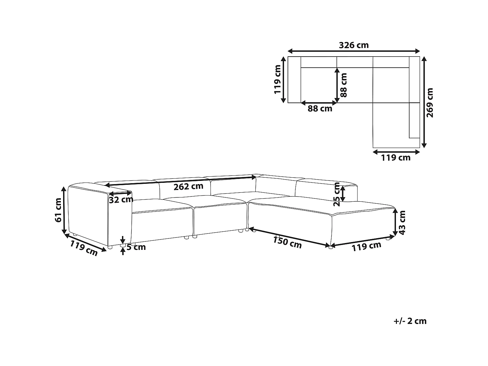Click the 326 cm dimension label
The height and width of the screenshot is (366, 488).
(354, 45)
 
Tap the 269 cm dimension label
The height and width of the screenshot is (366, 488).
(430, 102)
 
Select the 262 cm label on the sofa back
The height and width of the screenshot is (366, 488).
(188, 186)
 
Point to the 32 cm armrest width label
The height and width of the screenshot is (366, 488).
(121, 199)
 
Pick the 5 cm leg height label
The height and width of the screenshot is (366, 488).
(136, 247)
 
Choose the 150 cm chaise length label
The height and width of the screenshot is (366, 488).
(287, 242)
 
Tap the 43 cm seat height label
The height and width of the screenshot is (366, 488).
(402, 223)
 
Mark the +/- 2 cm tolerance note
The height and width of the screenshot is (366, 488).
(410, 321)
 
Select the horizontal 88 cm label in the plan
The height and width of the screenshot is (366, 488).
(320, 109)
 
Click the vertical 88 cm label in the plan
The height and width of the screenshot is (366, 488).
(344, 85)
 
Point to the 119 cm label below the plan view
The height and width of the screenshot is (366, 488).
(396, 158)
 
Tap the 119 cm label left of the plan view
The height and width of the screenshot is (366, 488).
(278, 79)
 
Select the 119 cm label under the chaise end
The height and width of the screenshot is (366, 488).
(366, 247)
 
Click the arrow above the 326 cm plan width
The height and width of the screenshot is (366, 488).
(354, 51)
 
